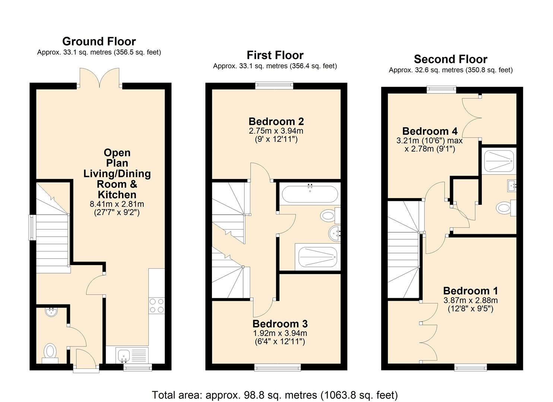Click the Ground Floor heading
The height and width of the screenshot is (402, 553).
[x=99, y=41]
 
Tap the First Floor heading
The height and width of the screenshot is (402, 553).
[x=275, y=55]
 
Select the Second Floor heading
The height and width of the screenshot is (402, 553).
[x=451, y=59]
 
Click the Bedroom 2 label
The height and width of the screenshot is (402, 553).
[x=276, y=121]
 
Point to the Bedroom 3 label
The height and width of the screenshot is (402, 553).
[x=280, y=324]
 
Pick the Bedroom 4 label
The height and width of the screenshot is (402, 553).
[x=430, y=131]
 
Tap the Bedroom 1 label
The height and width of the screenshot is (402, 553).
[x=470, y=291]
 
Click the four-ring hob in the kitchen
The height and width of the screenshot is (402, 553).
[x=156, y=306]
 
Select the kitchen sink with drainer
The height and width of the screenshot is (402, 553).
[x=132, y=355]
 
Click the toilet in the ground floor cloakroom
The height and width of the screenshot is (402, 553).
[x=50, y=353]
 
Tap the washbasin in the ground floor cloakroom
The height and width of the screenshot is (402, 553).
[x=51, y=312]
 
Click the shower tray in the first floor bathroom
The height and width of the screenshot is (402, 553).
[x=318, y=257]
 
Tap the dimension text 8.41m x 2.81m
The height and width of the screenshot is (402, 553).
[x=117, y=204]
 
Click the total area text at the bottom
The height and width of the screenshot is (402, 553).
[x=275, y=395]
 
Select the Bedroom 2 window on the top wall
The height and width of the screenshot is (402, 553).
[x=274, y=85]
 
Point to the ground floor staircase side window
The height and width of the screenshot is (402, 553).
[x=32, y=227]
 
